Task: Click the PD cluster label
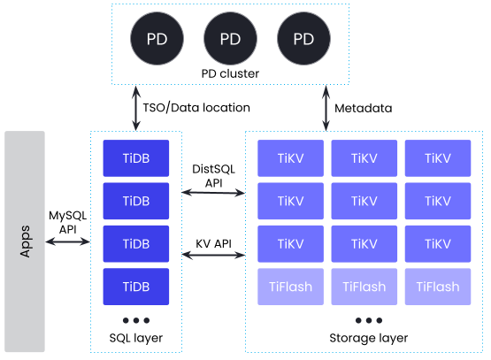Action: [x=230, y=73]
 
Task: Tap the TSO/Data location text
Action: [x=196, y=108]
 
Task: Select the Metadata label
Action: [x=364, y=108]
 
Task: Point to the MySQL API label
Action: [x=67, y=222]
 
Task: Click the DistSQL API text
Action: [x=213, y=176]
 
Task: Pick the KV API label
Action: [x=213, y=243]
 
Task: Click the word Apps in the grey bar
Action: [x=25, y=241]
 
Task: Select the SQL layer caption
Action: [x=136, y=338]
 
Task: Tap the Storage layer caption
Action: [x=369, y=338]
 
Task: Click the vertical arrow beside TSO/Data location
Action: [x=136, y=108]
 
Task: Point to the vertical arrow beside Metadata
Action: [x=326, y=108]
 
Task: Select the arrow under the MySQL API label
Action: [x=67, y=241]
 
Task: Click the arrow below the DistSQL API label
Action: [x=213, y=193]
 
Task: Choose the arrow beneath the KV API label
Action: [x=213, y=255]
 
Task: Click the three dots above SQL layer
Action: [x=136, y=320]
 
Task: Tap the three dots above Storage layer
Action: [x=369, y=320]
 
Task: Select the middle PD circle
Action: [x=230, y=39]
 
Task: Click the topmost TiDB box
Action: [x=136, y=158]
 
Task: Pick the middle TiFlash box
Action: [x=364, y=287]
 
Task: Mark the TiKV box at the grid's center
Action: [x=364, y=201]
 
